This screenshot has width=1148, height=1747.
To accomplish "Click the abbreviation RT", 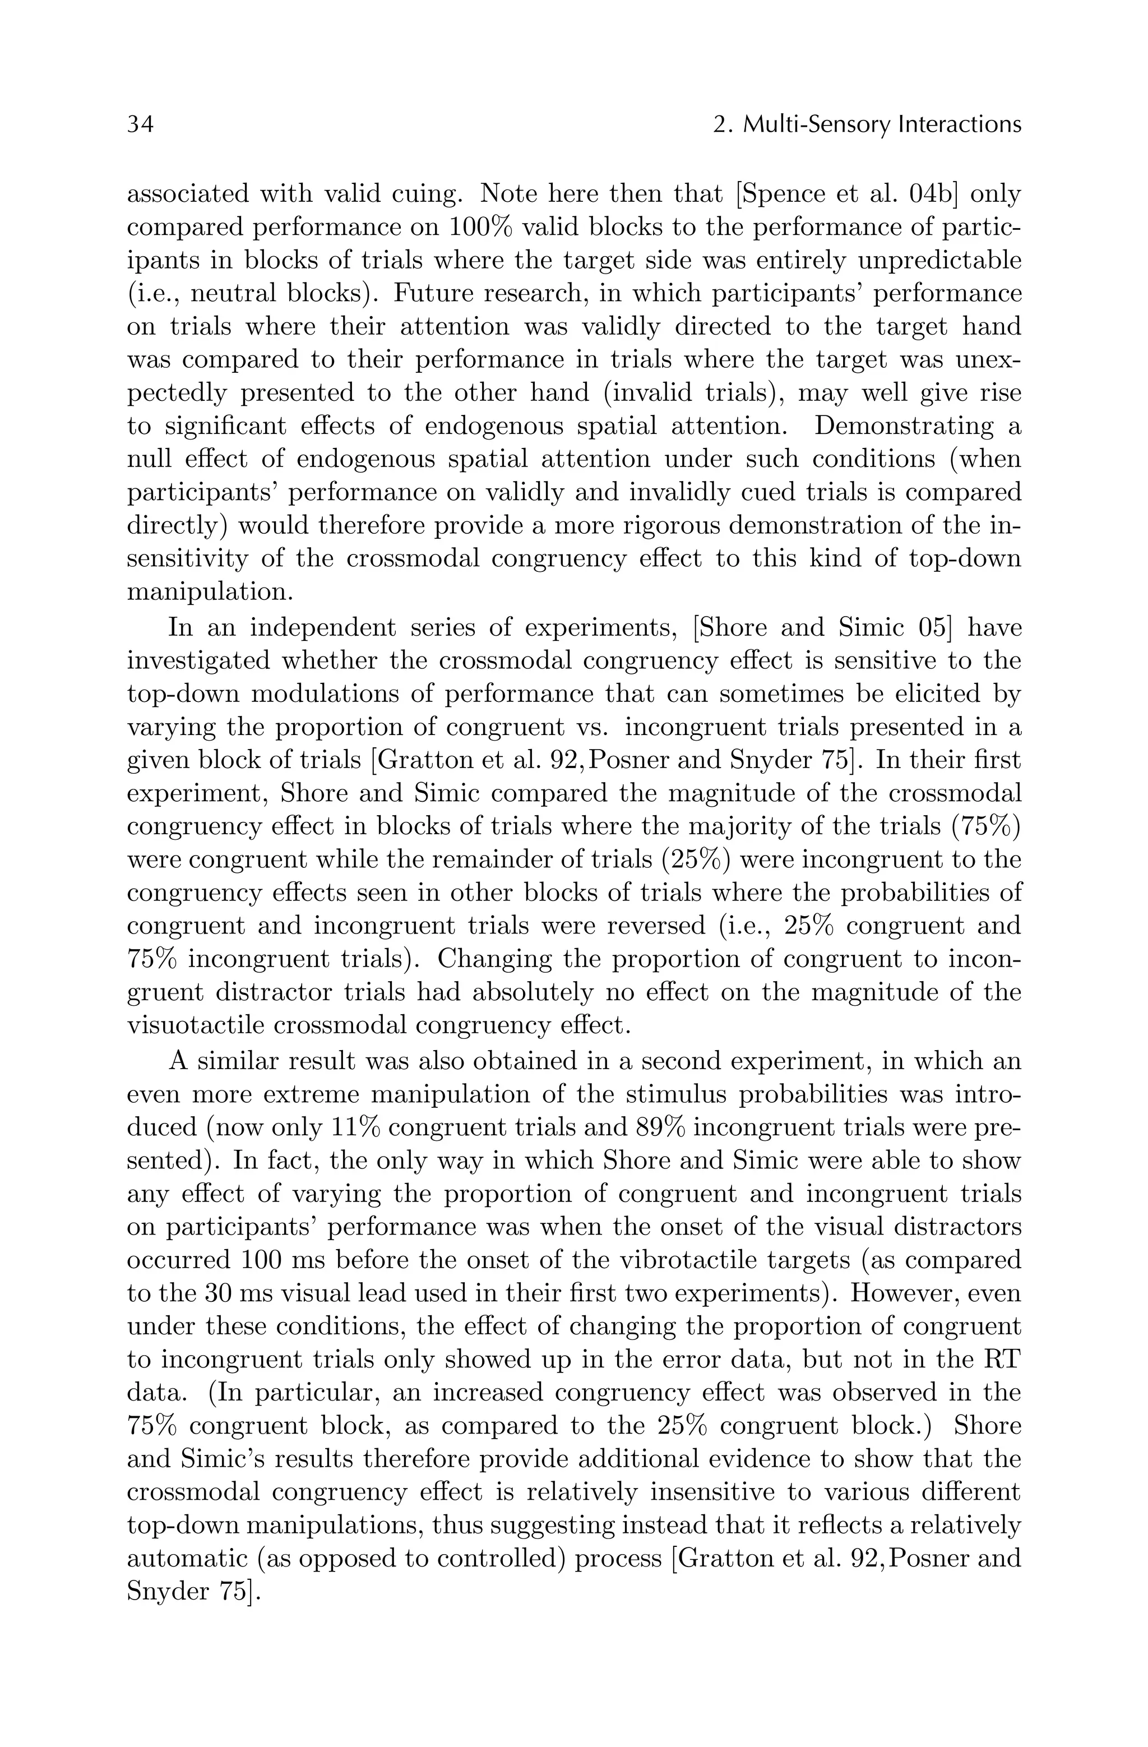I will click(x=1001, y=1358).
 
